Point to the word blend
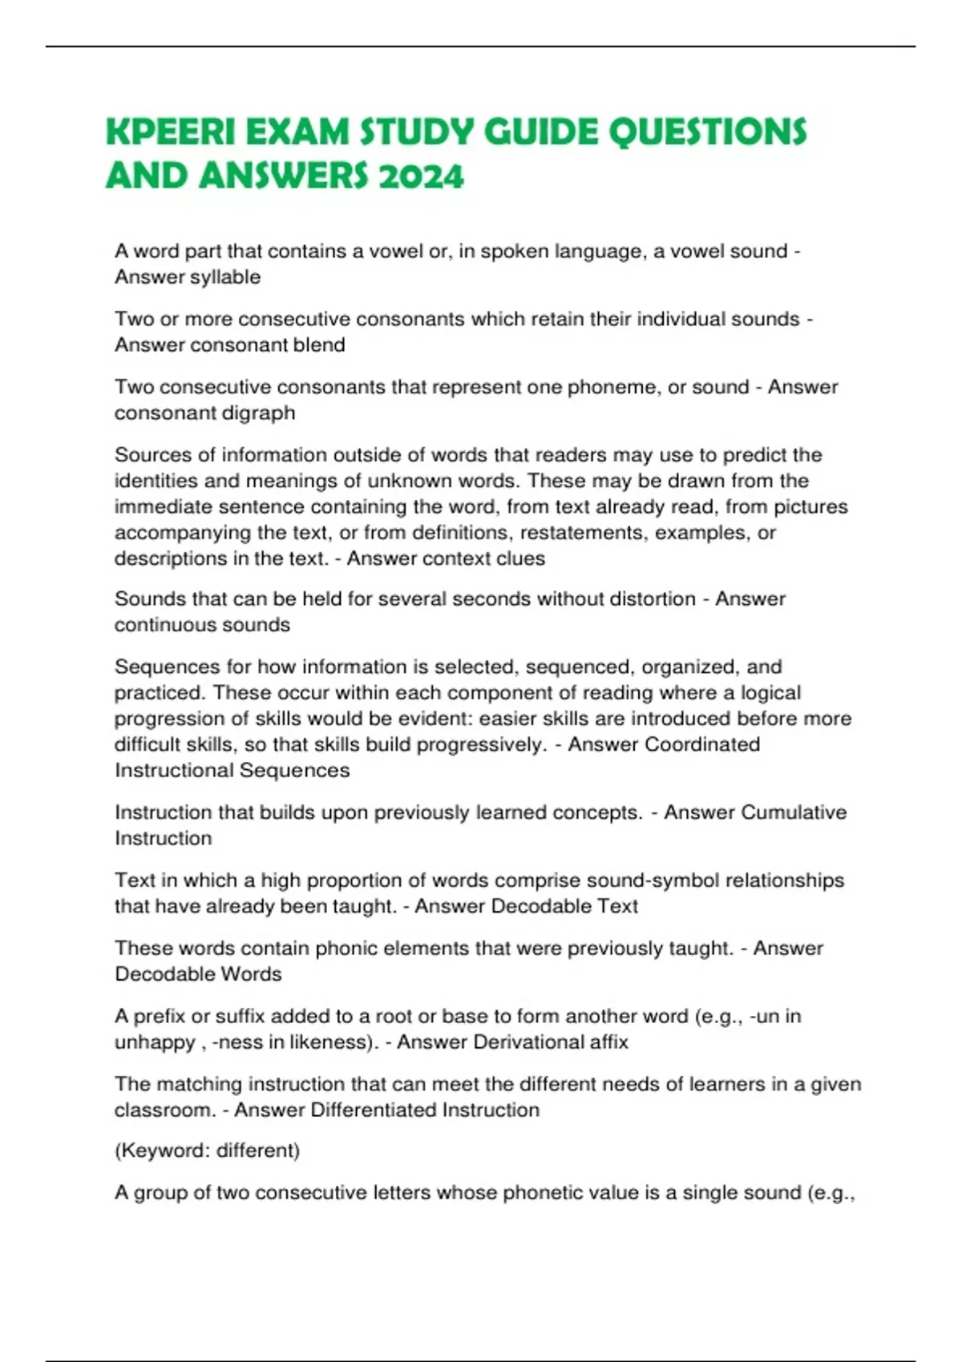click(321, 345)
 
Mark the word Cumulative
click(794, 812)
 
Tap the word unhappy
click(155, 1043)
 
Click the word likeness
click(321, 1042)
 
